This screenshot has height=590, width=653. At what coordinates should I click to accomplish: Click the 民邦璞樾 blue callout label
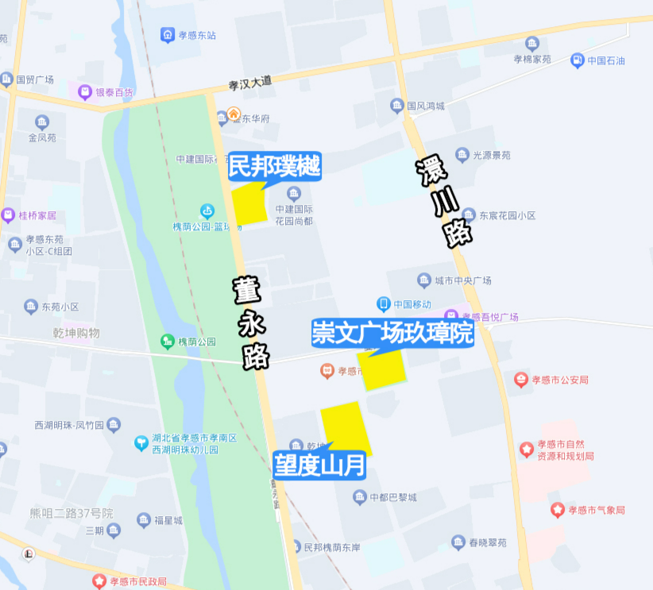point(274,167)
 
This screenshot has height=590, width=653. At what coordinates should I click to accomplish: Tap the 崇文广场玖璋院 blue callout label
point(392,333)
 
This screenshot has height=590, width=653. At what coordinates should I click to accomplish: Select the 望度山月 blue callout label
point(319,465)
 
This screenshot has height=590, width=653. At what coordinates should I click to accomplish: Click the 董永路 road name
point(252,322)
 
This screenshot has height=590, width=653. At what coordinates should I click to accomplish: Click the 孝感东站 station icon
point(168,35)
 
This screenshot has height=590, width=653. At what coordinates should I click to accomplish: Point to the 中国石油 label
point(605,60)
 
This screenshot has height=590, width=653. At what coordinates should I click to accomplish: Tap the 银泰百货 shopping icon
point(85,92)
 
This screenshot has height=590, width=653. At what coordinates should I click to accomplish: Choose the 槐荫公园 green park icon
point(168,341)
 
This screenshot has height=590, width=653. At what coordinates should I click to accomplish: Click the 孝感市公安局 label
point(561,380)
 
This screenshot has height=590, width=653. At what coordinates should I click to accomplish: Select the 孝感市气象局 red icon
point(559,510)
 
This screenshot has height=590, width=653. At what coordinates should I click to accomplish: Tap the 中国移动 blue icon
point(383,304)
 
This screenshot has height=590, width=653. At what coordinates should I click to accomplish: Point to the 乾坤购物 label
point(76,333)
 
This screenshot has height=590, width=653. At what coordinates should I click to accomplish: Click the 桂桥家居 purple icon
point(8,215)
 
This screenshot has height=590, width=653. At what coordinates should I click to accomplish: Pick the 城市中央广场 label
point(463,280)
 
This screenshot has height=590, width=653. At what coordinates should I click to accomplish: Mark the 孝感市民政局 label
point(137,581)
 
